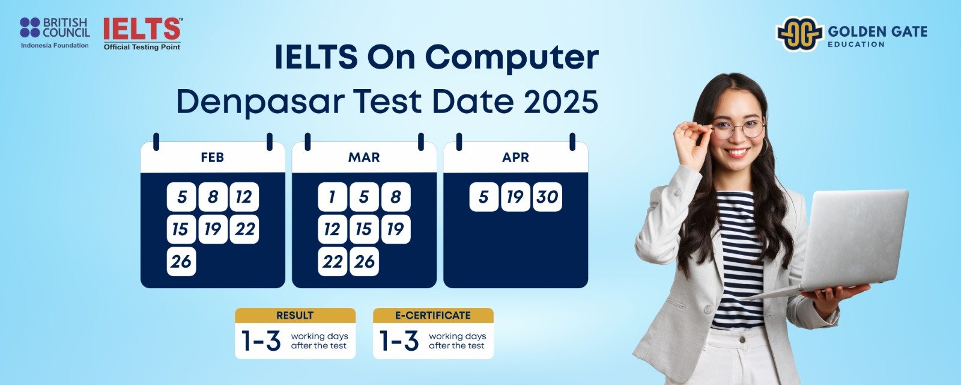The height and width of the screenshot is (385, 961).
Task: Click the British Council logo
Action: [x=55, y=33]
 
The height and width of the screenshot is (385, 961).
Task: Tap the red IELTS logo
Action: [x=142, y=34]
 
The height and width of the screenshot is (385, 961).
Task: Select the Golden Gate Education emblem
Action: [x=799, y=34]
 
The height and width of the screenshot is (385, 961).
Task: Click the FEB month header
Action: [x=213, y=157]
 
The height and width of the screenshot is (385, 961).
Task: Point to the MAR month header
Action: [x=364, y=157]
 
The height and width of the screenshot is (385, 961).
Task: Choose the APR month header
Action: [x=515, y=157]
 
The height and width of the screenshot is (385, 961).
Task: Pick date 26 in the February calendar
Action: [x=181, y=261]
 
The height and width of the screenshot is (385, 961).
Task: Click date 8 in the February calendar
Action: [x=213, y=197]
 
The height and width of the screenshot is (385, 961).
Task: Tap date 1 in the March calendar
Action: [x=333, y=197]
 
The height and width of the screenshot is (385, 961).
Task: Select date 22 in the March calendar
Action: [x=333, y=261]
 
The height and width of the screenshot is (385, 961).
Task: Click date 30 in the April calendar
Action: [x=547, y=197]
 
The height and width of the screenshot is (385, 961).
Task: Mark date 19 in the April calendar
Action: [x=515, y=197]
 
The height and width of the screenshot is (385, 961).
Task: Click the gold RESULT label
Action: [x=295, y=315]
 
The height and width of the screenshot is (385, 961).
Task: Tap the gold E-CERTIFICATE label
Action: [x=433, y=315]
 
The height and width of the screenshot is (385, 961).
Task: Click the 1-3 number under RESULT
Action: [x=261, y=340]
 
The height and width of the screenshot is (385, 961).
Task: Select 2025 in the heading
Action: [x=561, y=102]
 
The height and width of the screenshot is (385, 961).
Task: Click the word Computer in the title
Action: [x=512, y=58]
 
